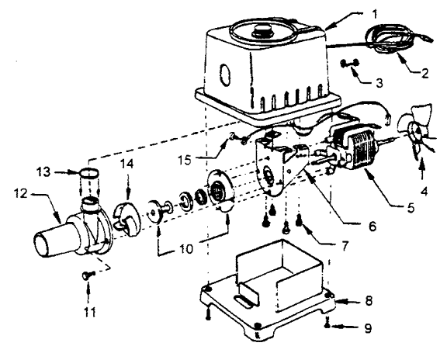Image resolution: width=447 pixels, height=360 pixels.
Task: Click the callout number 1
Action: [x=375, y=14]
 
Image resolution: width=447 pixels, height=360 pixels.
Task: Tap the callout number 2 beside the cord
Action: [x=424, y=73]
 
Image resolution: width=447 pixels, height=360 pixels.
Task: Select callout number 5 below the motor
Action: [x=411, y=208]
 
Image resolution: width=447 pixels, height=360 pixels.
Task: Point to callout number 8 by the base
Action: [x=369, y=300]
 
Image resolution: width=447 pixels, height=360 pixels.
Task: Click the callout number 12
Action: [x=21, y=193]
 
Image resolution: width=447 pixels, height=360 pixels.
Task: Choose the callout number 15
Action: [x=185, y=160]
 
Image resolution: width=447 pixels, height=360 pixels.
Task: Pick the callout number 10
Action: [x=186, y=249]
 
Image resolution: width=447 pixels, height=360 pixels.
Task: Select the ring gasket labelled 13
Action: [x=89, y=173]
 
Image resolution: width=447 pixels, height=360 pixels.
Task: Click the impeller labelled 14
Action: [x=127, y=218]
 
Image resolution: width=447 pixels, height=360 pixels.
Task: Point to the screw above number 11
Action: [x=88, y=275]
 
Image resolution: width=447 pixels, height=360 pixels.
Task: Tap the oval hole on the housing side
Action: [x=225, y=74]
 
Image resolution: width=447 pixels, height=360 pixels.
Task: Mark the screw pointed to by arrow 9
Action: [x=327, y=324]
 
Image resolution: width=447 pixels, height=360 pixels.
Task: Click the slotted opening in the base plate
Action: [x=245, y=300]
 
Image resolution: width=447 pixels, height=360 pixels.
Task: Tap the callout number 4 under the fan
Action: [x=424, y=192]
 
